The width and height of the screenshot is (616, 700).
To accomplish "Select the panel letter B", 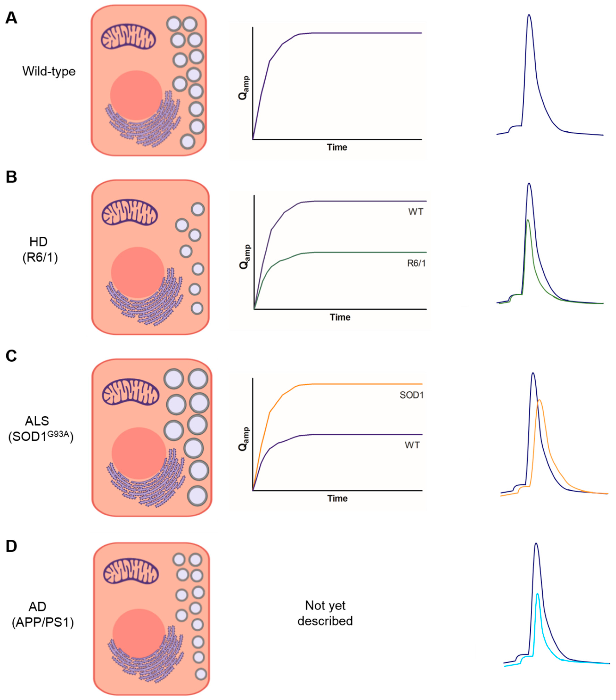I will tap(11, 177).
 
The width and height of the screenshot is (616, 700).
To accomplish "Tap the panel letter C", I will tap(11, 356).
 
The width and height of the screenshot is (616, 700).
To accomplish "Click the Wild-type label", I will tap(49, 71).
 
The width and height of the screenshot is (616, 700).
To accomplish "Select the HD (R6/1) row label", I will tap(39, 249).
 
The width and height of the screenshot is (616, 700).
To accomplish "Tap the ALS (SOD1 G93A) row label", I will tap(40, 429).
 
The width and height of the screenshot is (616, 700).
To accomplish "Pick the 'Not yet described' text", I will tap(325, 613).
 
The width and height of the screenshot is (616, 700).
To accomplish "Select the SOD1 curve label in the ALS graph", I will tap(412, 395).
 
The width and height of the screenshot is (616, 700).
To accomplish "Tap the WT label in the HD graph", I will tap(416, 212).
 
